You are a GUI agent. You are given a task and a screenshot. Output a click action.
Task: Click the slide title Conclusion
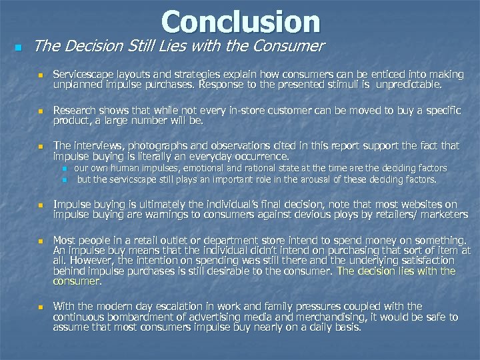(x=241, y=21)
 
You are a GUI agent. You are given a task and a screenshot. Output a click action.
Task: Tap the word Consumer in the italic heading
(x=291, y=46)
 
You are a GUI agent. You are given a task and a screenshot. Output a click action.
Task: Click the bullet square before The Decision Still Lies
(x=18, y=48)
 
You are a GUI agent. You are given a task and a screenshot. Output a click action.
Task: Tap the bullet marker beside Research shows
(x=40, y=111)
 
